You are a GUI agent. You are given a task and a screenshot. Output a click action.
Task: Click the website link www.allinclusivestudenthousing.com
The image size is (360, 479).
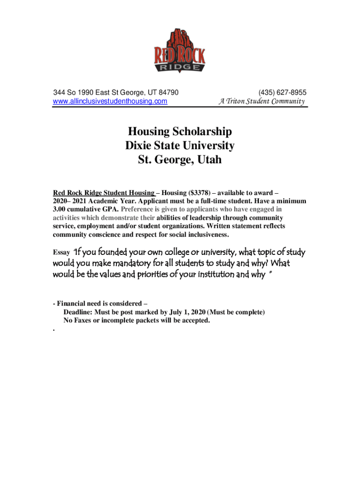[x=110, y=101]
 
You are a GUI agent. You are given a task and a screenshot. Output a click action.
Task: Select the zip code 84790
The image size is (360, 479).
[x=169, y=92]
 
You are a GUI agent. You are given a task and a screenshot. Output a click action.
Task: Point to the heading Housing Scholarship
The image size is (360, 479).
[x=180, y=131]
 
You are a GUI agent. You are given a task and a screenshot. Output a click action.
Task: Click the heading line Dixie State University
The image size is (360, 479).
[x=180, y=145]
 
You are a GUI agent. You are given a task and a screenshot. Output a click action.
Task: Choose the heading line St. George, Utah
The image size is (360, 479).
[x=180, y=160]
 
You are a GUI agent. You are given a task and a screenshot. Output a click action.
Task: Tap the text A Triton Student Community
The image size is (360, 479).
[x=261, y=101]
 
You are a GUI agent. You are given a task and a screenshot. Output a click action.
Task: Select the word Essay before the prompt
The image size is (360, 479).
[x=61, y=253]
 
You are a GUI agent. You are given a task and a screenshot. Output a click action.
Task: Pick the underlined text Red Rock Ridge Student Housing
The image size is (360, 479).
[x=104, y=193]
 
